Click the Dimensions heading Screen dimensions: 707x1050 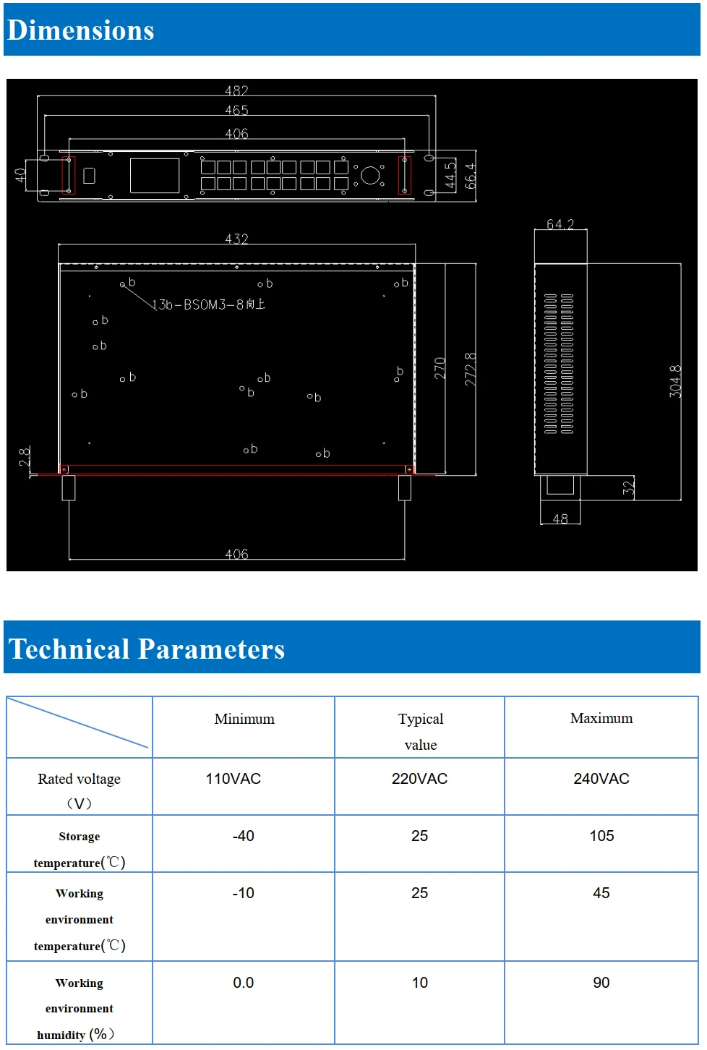pos(80,30)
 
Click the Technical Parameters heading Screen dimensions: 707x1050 pos(147,649)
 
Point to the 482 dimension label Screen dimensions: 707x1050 pos(236,91)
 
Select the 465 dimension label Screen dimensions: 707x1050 pos(236,111)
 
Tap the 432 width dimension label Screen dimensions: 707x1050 pos(236,239)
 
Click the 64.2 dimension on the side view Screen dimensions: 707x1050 pos(560,225)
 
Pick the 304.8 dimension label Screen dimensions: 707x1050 pos(675,381)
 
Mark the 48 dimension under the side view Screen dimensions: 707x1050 pos(560,519)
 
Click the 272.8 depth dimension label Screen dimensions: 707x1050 pos(471,369)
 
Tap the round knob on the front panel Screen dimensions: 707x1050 pos(370,175)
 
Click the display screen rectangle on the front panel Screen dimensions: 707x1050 pos(155,176)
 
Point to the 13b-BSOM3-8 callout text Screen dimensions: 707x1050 pos(209,305)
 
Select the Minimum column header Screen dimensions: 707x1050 pos(244,719)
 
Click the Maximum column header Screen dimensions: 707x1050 pos(601,718)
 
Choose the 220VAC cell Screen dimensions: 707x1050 pos(419,779)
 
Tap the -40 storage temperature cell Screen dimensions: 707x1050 pos(244,836)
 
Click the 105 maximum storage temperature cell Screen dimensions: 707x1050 pos(601,836)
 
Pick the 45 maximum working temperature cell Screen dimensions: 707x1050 pos(601,893)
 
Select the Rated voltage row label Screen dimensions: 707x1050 pos(80,780)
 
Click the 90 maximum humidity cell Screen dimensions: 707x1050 pos(601,983)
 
